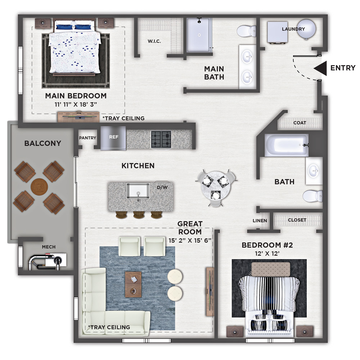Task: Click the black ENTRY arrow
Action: coord(321,68)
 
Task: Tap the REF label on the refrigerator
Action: coord(114,137)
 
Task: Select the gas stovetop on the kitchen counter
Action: coord(161,139)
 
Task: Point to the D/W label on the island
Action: coord(162,187)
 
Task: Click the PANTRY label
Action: coord(87,138)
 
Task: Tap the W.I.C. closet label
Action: coord(154,41)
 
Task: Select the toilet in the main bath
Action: coord(246,31)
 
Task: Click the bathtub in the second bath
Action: coord(286,145)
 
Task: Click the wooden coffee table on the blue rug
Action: coord(133,284)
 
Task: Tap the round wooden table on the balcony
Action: coord(39,187)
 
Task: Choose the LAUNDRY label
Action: coord(293,29)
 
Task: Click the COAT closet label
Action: coord(300,123)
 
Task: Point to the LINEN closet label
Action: coord(260,221)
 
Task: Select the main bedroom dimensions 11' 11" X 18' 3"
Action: coord(76,104)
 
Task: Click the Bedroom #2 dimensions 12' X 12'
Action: coord(267,253)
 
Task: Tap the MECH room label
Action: coord(49,247)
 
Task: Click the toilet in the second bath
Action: coord(312,196)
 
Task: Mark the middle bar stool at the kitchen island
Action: coord(139,215)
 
